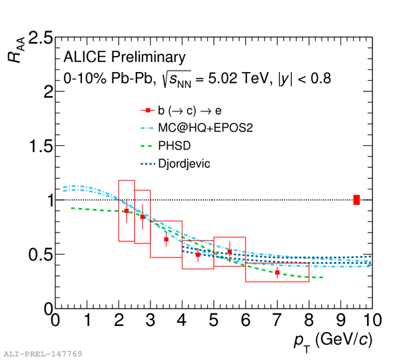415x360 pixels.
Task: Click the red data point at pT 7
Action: point(277,272)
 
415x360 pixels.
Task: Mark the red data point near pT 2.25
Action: point(127,211)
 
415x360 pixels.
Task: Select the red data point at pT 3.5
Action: point(166,239)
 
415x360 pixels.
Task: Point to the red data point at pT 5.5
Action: point(230,252)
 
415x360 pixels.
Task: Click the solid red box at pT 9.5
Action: point(356,199)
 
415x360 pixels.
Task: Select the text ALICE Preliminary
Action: point(125,57)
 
